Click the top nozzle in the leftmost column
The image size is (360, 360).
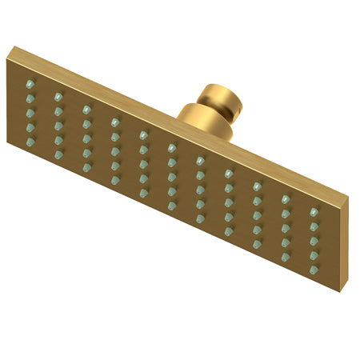pyautogui.click(x=30, y=84)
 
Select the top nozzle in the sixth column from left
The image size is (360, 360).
pyautogui.click(x=172, y=147)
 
